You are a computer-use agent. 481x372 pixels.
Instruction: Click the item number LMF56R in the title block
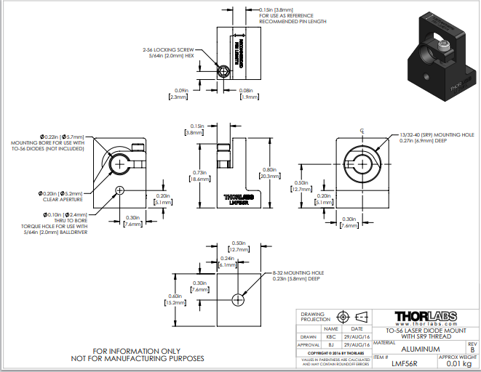point(405,363)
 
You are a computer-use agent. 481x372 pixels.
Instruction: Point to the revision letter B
point(472,349)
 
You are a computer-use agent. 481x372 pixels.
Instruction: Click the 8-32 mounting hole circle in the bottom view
point(238,300)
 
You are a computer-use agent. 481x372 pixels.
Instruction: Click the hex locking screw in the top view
point(224,71)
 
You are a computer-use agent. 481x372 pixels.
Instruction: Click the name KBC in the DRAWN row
point(331,337)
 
